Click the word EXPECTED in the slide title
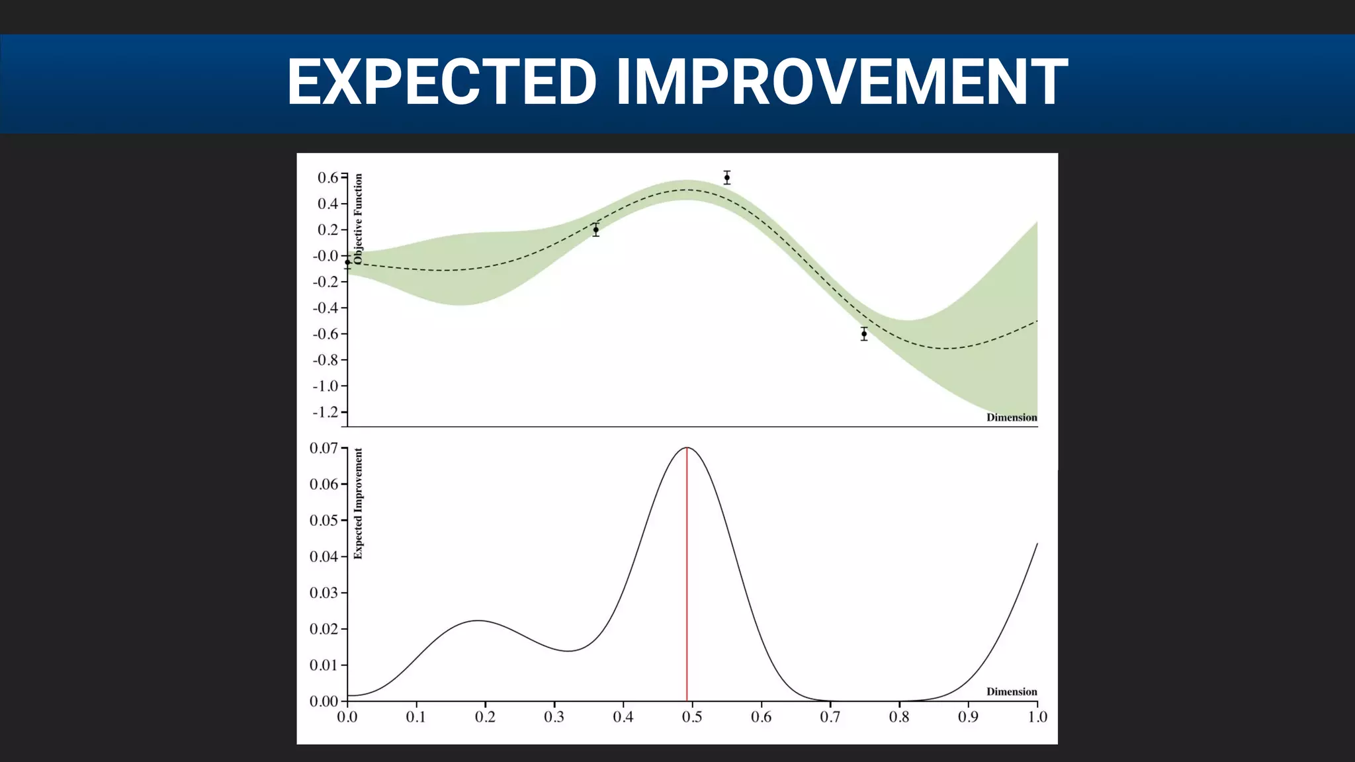pos(441,82)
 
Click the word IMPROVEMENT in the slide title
pos(841,82)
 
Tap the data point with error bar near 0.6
pos(726,177)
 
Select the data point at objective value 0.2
pos(595,230)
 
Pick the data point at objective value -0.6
pos(863,334)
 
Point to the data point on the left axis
pos(347,263)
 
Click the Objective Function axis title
pos(359,219)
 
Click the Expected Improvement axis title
pos(359,503)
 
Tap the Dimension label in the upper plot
pos(1011,417)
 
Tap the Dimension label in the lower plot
pos(1011,692)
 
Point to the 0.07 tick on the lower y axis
pos(324,448)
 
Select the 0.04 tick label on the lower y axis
pos(324,557)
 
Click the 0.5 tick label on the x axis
pos(692,718)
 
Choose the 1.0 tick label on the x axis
pos(1037,718)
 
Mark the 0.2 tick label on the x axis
pos(485,718)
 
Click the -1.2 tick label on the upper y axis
pos(326,412)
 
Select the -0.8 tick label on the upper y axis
pos(326,360)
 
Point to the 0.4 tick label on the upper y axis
pos(328,204)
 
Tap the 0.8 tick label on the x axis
pos(899,718)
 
